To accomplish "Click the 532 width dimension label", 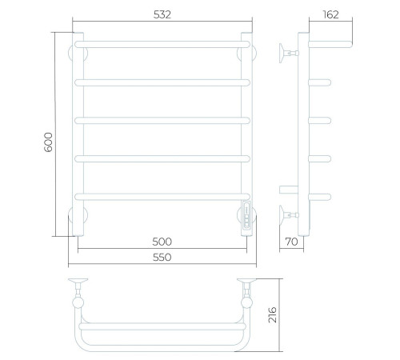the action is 162,14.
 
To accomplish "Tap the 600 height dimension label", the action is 48,142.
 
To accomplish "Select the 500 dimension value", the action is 162,242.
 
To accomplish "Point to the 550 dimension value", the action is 162,258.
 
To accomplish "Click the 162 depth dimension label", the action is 331,14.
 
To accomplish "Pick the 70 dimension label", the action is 291,242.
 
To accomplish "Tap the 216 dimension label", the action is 273,315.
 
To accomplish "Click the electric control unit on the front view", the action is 246,215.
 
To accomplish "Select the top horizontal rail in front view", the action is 162,44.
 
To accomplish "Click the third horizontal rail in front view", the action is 162,121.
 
